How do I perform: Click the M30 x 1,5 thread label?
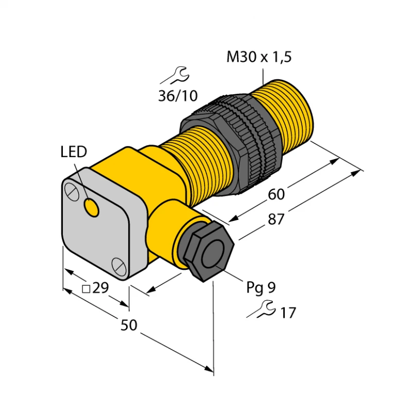259,58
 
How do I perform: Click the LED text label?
74,151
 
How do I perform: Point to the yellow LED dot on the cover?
93,208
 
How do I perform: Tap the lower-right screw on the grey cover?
118,266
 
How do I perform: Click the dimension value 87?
276,219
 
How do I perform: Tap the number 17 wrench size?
287,312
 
